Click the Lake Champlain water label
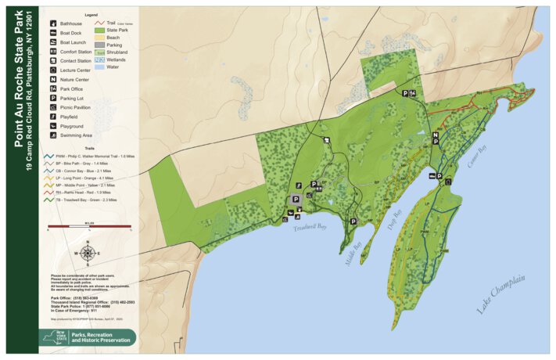pyautogui.click(x=500, y=294)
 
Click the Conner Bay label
pyautogui.click(x=477, y=157)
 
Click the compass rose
pyautogui.click(x=88, y=253)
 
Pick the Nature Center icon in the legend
pyautogui.click(x=52, y=79)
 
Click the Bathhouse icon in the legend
pyautogui.click(x=52, y=23)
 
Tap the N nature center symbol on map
pyautogui.click(x=435, y=135)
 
